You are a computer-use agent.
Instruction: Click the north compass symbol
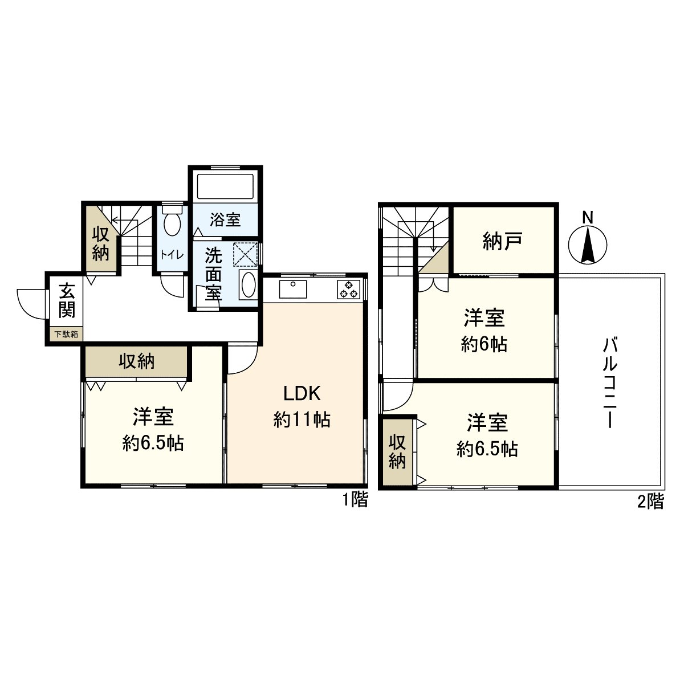[x=588, y=244]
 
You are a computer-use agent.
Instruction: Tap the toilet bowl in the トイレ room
[x=172, y=224]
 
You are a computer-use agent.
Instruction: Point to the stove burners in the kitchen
[x=348, y=290]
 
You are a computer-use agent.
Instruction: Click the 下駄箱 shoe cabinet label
[x=66, y=335]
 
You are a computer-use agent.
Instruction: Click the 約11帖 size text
[x=302, y=420]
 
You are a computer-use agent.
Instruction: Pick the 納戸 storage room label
[x=502, y=241]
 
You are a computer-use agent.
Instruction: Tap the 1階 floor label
[x=355, y=500]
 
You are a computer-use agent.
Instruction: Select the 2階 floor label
[x=650, y=502]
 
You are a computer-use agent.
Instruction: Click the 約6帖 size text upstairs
[x=484, y=344]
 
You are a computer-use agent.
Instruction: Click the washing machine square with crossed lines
[x=246, y=254]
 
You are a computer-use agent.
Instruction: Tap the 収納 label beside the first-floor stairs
[x=101, y=243]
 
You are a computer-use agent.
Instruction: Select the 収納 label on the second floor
[x=397, y=452]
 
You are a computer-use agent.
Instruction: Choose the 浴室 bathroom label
[x=225, y=219]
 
